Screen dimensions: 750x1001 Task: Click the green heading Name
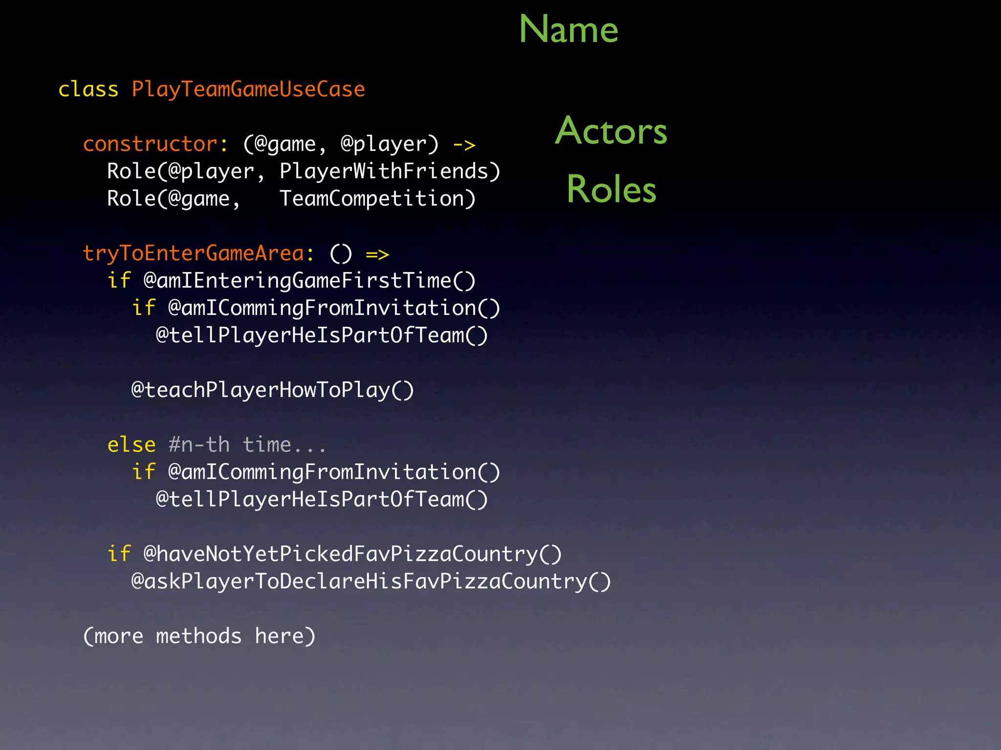click(568, 29)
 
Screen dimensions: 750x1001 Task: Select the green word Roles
click(611, 189)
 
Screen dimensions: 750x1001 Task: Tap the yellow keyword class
click(88, 90)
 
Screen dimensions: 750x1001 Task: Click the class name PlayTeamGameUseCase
click(248, 90)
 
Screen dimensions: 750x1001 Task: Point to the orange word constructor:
click(155, 145)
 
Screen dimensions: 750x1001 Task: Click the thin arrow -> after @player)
click(464, 145)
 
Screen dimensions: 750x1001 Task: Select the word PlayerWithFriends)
click(390, 172)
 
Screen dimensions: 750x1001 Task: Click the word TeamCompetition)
click(377, 199)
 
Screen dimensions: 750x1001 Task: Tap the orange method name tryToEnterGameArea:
click(198, 254)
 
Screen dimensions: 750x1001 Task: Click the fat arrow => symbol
click(377, 254)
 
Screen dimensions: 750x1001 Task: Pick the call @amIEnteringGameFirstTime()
click(309, 281)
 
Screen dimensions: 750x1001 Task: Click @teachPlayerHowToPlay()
click(273, 391)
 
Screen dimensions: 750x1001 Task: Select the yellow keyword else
click(131, 445)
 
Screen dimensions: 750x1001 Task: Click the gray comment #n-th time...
click(247, 445)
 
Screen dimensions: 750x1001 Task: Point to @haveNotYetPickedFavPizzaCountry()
click(352, 555)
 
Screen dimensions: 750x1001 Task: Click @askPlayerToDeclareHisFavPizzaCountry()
click(371, 582)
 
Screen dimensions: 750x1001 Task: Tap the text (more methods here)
click(199, 637)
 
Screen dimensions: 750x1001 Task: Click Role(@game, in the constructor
click(174, 199)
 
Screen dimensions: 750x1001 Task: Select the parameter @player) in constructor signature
click(390, 145)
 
